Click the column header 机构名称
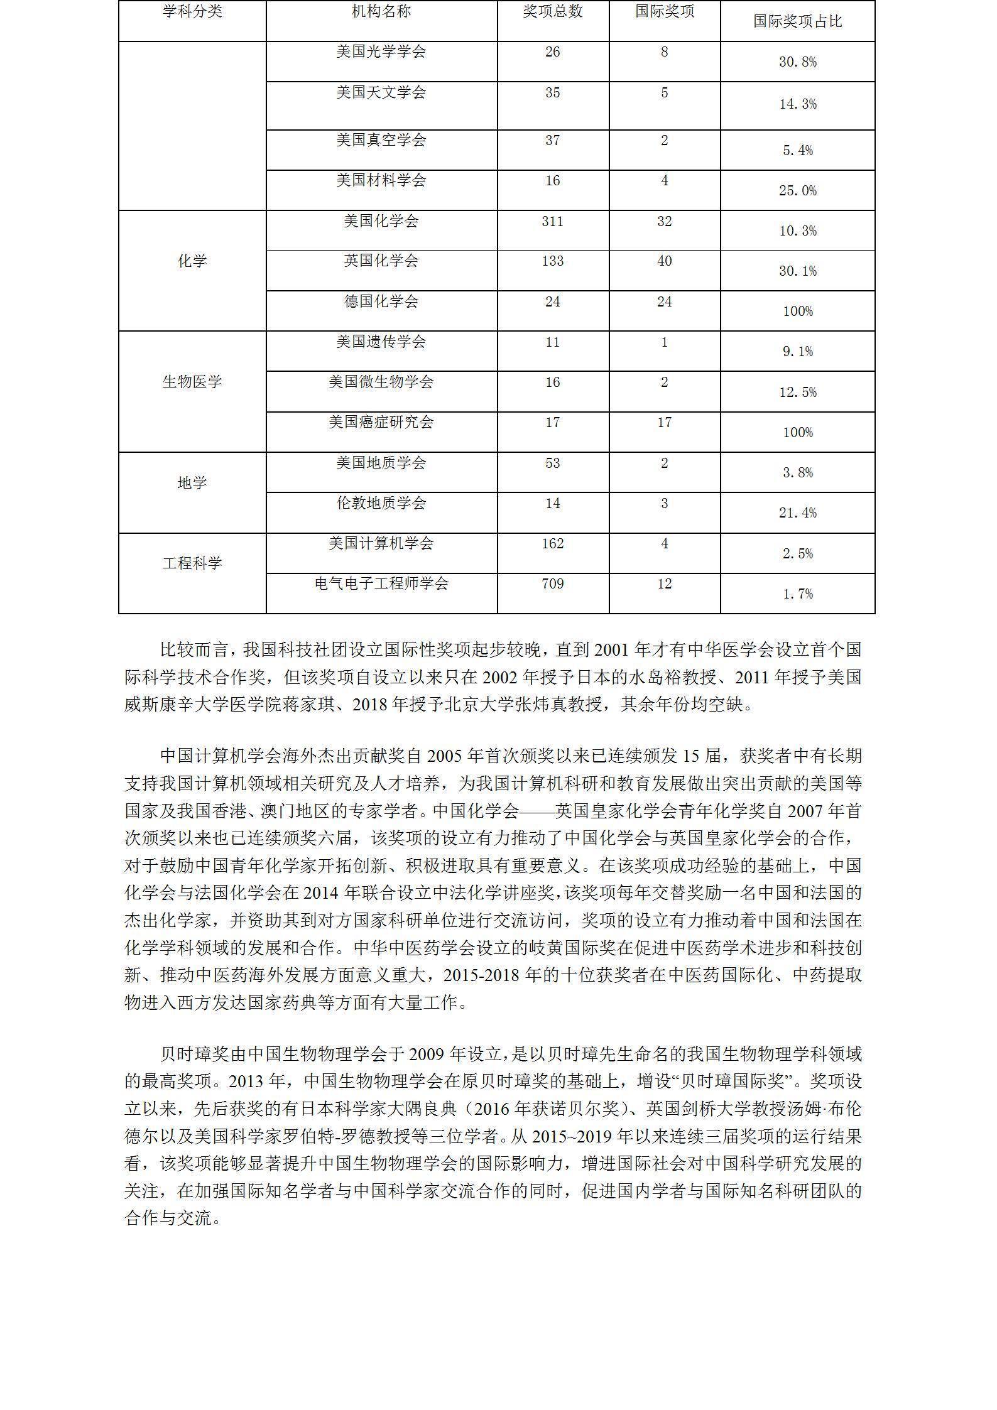pyautogui.click(x=381, y=11)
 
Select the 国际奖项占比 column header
pyautogui.click(x=797, y=21)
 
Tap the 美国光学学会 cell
pyautogui.click(x=381, y=52)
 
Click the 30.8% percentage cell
pyautogui.click(x=797, y=62)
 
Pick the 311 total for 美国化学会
pyautogui.click(x=552, y=221)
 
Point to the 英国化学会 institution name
pyautogui.click(x=381, y=261)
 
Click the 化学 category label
pyautogui.click(x=192, y=261)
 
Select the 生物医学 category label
pyautogui.click(x=192, y=382)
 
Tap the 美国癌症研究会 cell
pyautogui.click(x=381, y=422)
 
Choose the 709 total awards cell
pyautogui.click(x=552, y=583)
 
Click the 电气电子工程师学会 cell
pyautogui.click(x=381, y=583)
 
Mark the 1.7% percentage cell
pyautogui.click(x=797, y=594)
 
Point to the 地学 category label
pyautogui.click(x=192, y=483)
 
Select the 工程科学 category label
pyautogui.click(x=192, y=563)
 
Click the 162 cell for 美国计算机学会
pyautogui.click(x=552, y=543)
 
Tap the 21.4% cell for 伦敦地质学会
pyautogui.click(x=797, y=513)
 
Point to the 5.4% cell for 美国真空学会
pyautogui.click(x=797, y=150)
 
